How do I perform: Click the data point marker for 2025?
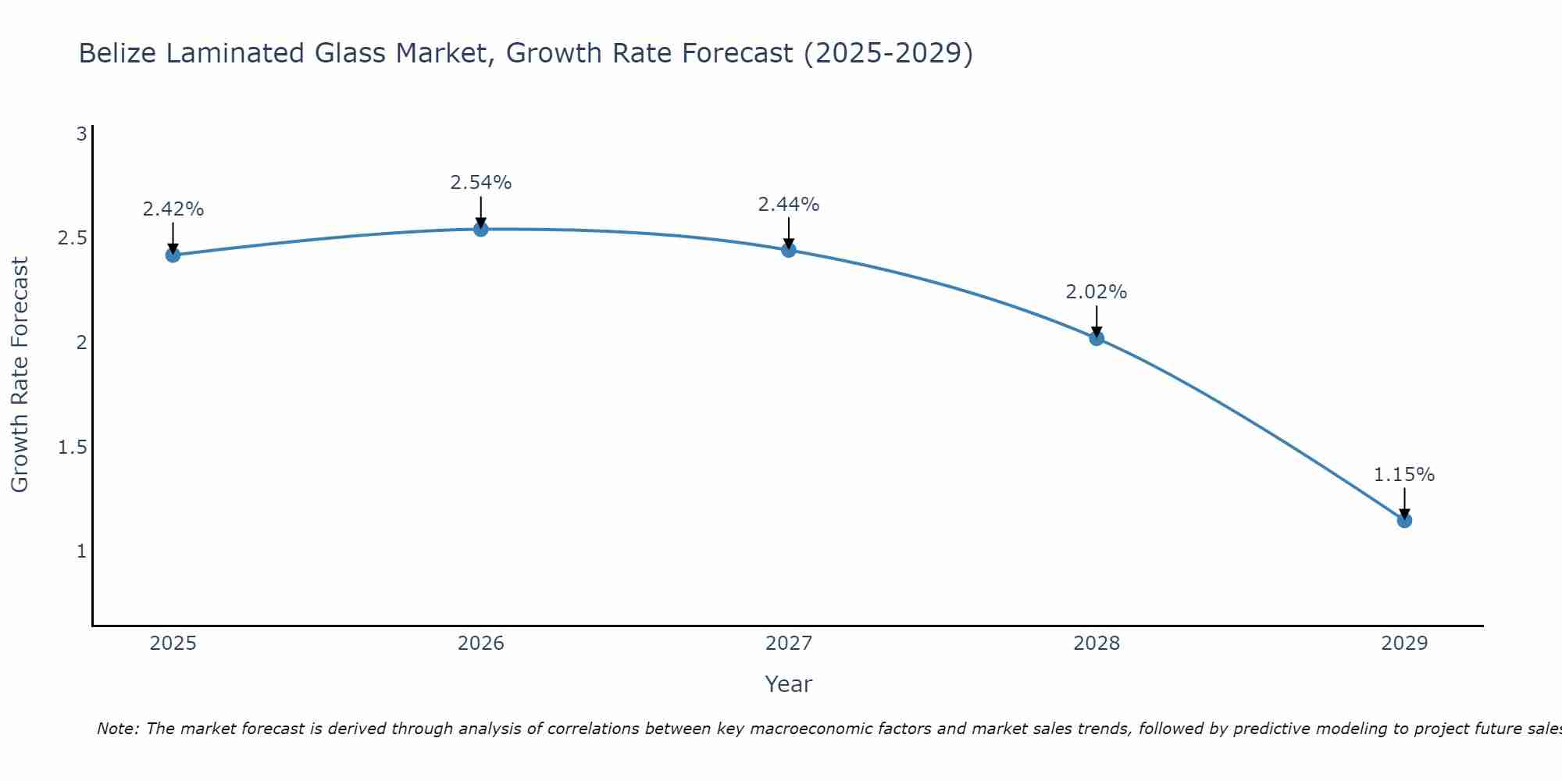pyautogui.click(x=173, y=255)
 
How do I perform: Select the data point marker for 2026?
pyautogui.click(x=481, y=229)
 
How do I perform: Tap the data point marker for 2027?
pyautogui.click(x=789, y=250)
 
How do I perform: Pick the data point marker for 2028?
pyautogui.click(x=1097, y=338)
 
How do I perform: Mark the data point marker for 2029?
pyautogui.click(x=1404, y=520)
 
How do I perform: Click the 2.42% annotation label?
pyautogui.click(x=173, y=209)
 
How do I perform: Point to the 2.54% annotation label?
pyautogui.click(x=481, y=183)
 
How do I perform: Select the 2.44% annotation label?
pyautogui.click(x=789, y=205)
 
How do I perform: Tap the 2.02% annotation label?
pyautogui.click(x=1097, y=292)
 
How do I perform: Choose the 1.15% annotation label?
pyautogui.click(x=1404, y=475)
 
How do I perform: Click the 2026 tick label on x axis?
pyautogui.click(x=481, y=644)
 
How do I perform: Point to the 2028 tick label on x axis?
pyautogui.click(x=1097, y=644)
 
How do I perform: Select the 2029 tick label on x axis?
pyautogui.click(x=1404, y=644)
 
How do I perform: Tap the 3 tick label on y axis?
pyautogui.click(x=81, y=134)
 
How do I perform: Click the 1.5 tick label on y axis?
pyautogui.click(x=72, y=447)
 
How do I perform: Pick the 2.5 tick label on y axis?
pyautogui.click(x=72, y=238)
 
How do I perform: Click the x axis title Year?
pyautogui.click(x=789, y=684)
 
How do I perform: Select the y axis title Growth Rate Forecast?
pyautogui.click(x=20, y=375)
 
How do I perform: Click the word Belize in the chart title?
pyautogui.click(x=118, y=53)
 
